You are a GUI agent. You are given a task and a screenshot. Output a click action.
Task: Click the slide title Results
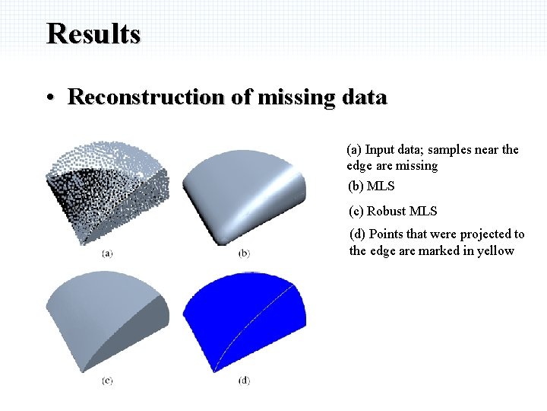(x=93, y=34)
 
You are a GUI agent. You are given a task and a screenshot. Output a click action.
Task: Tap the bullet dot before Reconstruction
(x=49, y=98)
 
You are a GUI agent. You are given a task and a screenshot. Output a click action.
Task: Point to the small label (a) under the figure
(x=107, y=253)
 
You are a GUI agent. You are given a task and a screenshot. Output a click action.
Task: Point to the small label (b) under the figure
(x=244, y=253)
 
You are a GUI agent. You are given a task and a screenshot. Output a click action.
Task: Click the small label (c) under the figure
(x=107, y=380)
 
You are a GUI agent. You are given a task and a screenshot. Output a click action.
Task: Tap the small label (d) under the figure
(x=244, y=380)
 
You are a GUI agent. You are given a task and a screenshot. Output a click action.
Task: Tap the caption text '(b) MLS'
(x=371, y=186)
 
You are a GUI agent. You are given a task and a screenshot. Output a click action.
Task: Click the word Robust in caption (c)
(x=386, y=211)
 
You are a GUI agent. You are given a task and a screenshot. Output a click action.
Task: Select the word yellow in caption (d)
(x=495, y=250)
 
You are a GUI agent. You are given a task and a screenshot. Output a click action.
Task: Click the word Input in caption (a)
(x=380, y=149)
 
